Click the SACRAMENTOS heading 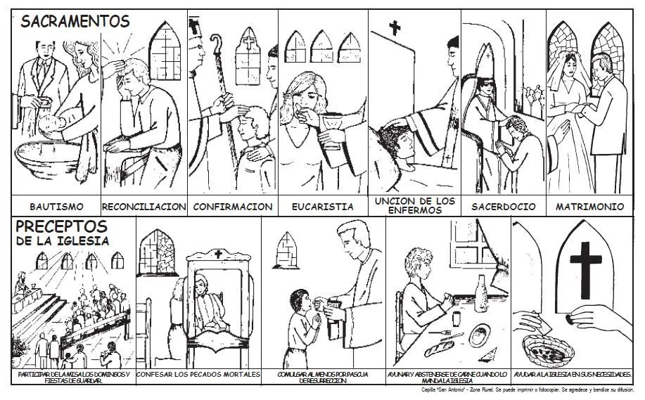[75, 22]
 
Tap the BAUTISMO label [56, 207]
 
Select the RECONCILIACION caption [144, 207]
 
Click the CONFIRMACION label [232, 207]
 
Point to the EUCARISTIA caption [322, 207]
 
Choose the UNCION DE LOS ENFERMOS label [414, 205]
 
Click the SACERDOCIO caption [503, 207]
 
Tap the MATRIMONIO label [589, 207]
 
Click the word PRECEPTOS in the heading [62, 227]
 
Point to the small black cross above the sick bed [395, 28]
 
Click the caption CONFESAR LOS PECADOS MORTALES [198, 375]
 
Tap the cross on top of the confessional [218, 254]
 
